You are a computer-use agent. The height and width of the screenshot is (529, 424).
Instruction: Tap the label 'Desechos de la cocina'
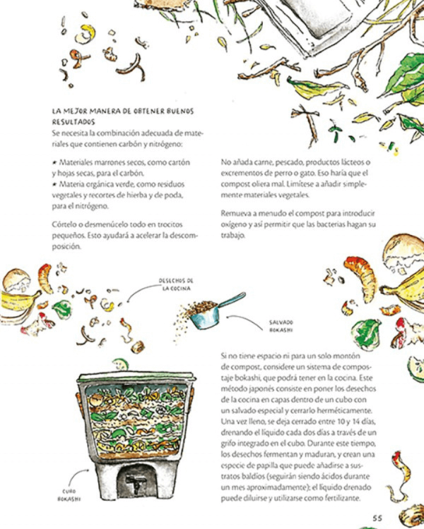(x=177, y=284)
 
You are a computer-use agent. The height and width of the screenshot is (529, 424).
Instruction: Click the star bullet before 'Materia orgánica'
(x=54, y=184)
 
